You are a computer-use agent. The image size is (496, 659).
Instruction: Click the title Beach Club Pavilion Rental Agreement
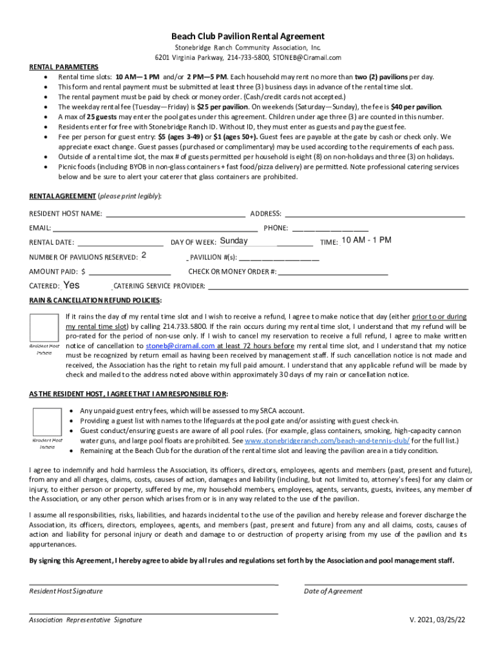pos(248,37)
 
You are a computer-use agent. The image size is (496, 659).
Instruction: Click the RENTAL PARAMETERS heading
pos(64,67)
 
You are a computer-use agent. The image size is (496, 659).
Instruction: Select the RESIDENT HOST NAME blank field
pos(175,213)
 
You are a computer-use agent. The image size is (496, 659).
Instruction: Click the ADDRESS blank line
pos(374,213)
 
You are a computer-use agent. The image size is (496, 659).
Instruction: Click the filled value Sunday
pos(233,241)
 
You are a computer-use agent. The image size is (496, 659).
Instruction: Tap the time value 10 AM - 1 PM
pos(366,241)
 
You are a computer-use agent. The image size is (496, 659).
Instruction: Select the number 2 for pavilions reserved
pos(144,255)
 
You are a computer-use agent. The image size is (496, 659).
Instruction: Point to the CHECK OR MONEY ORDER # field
pos(333,272)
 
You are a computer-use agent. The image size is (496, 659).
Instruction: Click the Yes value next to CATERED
pos(72,285)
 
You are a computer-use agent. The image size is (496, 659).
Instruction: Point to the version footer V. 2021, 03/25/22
pos(437,620)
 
